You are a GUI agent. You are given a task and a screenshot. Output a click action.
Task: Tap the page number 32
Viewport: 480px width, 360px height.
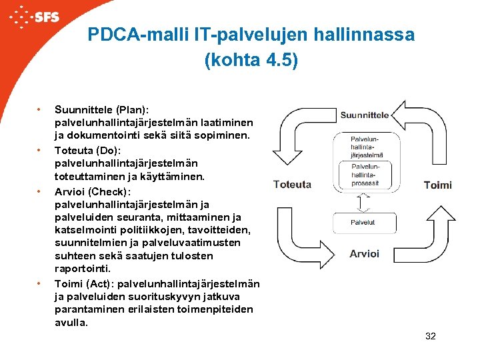pyautogui.click(x=430, y=336)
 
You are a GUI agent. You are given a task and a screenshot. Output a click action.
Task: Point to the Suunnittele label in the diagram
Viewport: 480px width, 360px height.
pyautogui.click(x=364, y=115)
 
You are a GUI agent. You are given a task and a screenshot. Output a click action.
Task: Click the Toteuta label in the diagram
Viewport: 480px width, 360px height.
pyautogui.click(x=292, y=185)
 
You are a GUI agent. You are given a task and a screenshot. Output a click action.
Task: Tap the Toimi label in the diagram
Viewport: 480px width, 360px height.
pyautogui.click(x=437, y=185)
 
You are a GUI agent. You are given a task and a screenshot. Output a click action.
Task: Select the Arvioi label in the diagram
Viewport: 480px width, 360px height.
pyautogui.click(x=364, y=253)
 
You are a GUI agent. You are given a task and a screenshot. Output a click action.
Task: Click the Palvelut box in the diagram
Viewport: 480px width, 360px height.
pyautogui.click(x=363, y=222)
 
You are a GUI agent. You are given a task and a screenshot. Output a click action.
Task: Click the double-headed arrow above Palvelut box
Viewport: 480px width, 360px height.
pyautogui.click(x=363, y=201)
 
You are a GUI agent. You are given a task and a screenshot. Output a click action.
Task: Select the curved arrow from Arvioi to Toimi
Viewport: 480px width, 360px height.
pyautogui.click(x=427, y=240)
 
